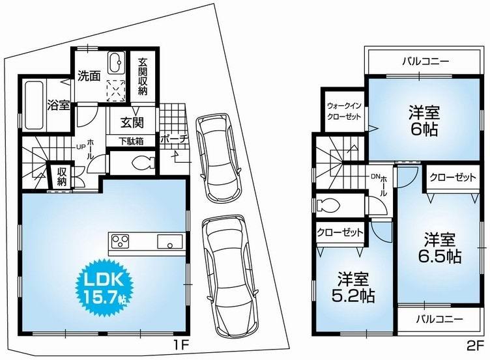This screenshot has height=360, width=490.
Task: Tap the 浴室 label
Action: (59, 105)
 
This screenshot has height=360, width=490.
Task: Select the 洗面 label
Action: (89, 76)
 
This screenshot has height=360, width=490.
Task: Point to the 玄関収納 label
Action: (143, 77)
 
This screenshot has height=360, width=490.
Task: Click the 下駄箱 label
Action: (131, 141)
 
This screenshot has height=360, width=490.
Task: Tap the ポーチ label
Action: (174, 139)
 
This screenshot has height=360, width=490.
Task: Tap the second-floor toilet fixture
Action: (328, 206)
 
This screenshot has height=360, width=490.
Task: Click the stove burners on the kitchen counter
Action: (121, 243)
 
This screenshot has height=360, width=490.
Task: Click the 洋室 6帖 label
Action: (424, 118)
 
